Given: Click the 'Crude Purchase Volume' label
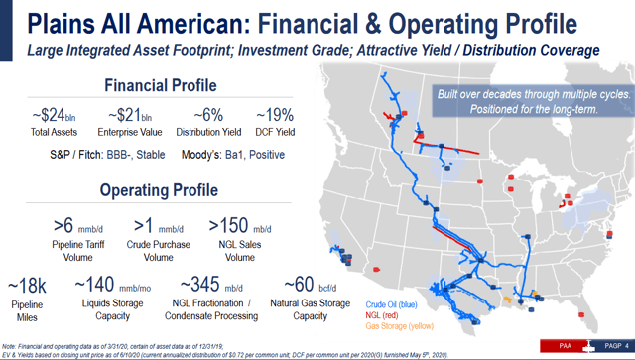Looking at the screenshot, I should (159, 249).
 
